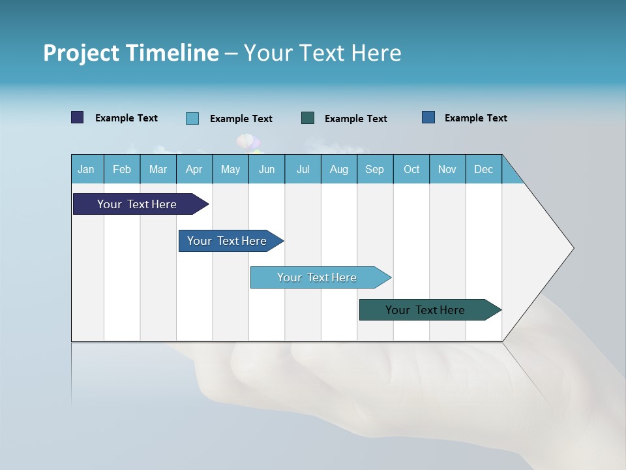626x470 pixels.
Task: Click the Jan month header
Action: (x=87, y=169)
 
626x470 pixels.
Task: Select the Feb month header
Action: (x=122, y=169)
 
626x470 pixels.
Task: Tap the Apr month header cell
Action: (x=194, y=169)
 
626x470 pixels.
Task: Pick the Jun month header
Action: (x=267, y=169)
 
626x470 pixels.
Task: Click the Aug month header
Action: (x=339, y=169)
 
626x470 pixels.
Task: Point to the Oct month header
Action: (x=411, y=169)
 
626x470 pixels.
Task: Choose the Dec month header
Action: (x=484, y=169)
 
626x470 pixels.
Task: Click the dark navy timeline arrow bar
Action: (x=138, y=204)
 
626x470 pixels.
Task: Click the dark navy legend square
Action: (x=78, y=117)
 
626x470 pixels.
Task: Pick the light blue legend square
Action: (x=192, y=118)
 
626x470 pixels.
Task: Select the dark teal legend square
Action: (x=308, y=118)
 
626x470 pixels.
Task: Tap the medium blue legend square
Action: (x=428, y=117)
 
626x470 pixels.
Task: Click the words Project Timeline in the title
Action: (x=131, y=53)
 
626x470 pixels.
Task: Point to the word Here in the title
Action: (x=376, y=53)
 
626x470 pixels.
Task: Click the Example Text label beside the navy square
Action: (x=127, y=118)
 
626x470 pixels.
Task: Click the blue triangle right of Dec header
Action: (x=510, y=174)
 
